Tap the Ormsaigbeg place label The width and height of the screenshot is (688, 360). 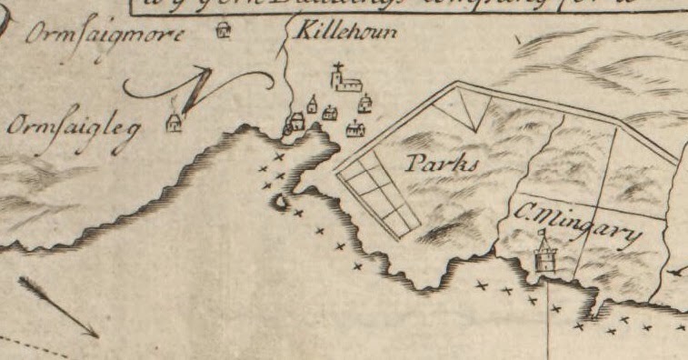pos(74,127)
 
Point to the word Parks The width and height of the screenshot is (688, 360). pos(442,164)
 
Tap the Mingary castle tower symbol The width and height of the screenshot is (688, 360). pos(544,254)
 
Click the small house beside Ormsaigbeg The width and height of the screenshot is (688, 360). pos(175,123)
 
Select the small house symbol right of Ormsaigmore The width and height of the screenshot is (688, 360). pos(225,34)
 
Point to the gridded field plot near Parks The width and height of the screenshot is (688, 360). pos(378,195)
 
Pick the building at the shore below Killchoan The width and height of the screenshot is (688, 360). pos(296,122)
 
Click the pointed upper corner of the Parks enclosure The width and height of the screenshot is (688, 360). pos(456,85)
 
